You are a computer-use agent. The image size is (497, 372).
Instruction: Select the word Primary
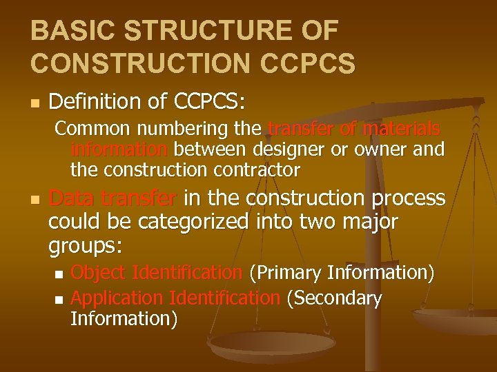tap(283, 273)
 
